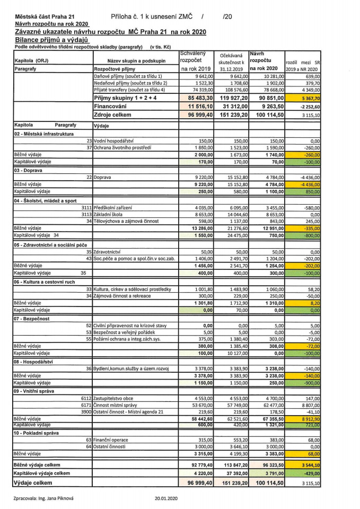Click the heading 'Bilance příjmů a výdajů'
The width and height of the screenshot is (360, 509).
coord(51,40)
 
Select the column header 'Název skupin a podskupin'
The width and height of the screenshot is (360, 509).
coord(136,61)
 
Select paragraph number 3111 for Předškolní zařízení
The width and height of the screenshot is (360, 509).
coord(85,207)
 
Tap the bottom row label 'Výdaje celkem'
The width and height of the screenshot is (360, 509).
coord(36,483)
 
